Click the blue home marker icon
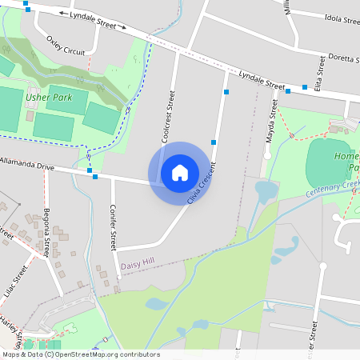pyautogui.click(x=180, y=172)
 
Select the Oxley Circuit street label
pyautogui.click(x=66, y=44)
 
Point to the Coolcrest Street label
pyautogui.click(x=168, y=118)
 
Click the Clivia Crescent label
pyautogui.click(x=202, y=182)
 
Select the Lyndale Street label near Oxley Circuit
pyautogui.click(x=93, y=20)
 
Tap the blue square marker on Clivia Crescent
pyautogui.click(x=214, y=142)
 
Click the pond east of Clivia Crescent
pyautogui.click(x=264, y=192)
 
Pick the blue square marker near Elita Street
pyautogui.click(x=305, y=87)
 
